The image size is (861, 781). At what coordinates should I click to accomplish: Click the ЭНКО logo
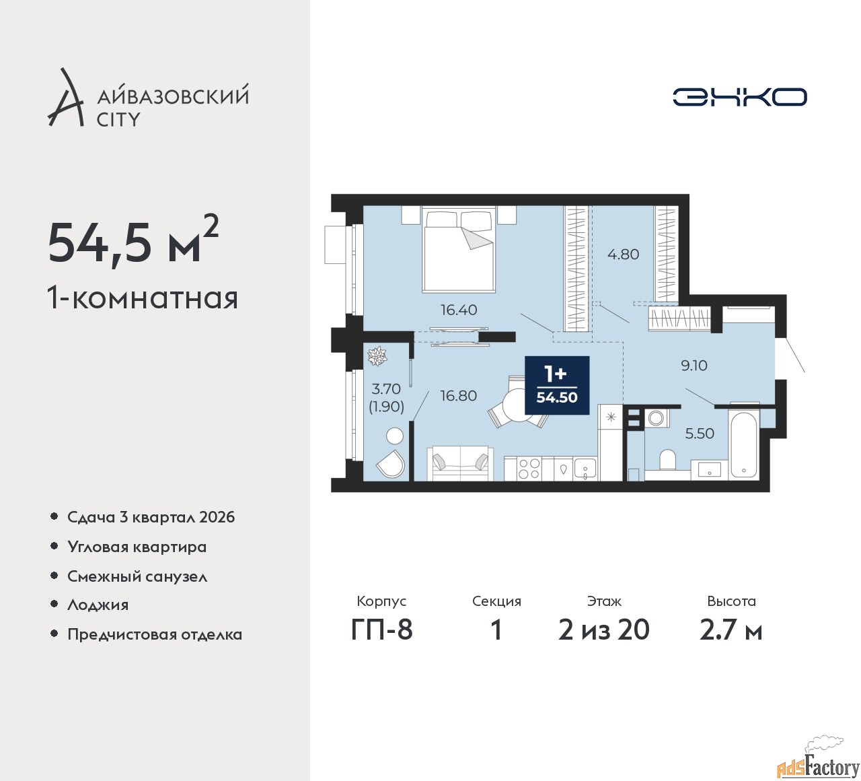click(x=739, y=97)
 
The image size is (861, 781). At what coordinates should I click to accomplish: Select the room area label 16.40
click(x=459, y=310)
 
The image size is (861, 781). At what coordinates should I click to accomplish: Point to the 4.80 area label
click(x=624, y=254)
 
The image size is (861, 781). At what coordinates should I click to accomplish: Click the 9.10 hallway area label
click(x=694, y=366)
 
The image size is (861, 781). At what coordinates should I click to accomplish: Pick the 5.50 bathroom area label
click(x=700, y=434)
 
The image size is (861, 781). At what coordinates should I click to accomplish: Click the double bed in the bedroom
click(x=459, y=250)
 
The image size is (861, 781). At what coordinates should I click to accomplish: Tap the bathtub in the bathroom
click(x=744, y=444)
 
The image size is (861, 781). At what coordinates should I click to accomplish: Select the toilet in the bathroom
click(x=668, y=459)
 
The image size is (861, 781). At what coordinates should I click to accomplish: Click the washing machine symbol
click(x=656, y=417)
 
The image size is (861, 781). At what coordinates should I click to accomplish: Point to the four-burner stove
click(x=529, y=468)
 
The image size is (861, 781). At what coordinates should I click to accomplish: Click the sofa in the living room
click(x=460, y=463)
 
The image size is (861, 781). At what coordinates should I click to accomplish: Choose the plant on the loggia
click(x=377, y=356)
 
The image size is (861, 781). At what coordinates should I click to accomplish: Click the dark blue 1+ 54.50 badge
click(x=557, y=385)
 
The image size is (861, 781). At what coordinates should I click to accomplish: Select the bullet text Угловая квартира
click(x=137, y=547)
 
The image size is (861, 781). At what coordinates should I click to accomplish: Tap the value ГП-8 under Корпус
click(x=381, y=630)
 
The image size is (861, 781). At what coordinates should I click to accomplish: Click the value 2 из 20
click(x=603, y=630)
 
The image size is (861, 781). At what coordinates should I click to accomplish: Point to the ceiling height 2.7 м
click(x=731, y=630)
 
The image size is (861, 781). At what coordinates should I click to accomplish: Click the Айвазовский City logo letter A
click(x=65, y=97)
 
